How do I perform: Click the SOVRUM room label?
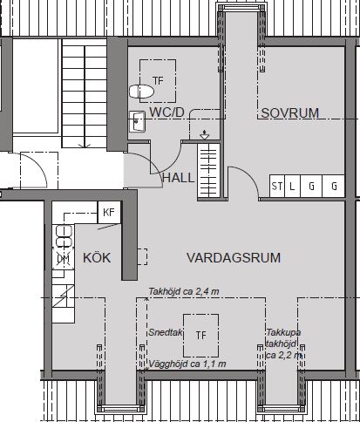(x=289, y=113)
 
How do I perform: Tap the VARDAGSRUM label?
(x=234, y=258)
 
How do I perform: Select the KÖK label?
(x=97, y=257)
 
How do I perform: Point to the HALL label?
(x=178, y=178)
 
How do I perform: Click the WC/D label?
(x=166, y=112)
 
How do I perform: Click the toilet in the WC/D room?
(x=141, y=92)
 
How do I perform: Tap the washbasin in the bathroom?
(x=137, y=122)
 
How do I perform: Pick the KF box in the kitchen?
(x=109, y=212)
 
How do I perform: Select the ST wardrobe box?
(x=277, y=186)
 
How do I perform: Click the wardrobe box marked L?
(x=292, y=186)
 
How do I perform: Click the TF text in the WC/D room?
(x=158, y=80)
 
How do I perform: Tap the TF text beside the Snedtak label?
(x=200, y=336)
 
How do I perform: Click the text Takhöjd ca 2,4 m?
(x=184, y=291)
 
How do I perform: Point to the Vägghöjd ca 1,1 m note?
(x=187, y=364)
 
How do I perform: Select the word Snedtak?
(x=166, y=332)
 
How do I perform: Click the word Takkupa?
(x=283, y=332)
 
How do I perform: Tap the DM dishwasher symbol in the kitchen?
(x=63, y=259)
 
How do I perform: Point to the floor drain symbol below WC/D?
(x=205, y=135)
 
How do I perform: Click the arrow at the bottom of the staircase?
(x=85, y=146)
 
